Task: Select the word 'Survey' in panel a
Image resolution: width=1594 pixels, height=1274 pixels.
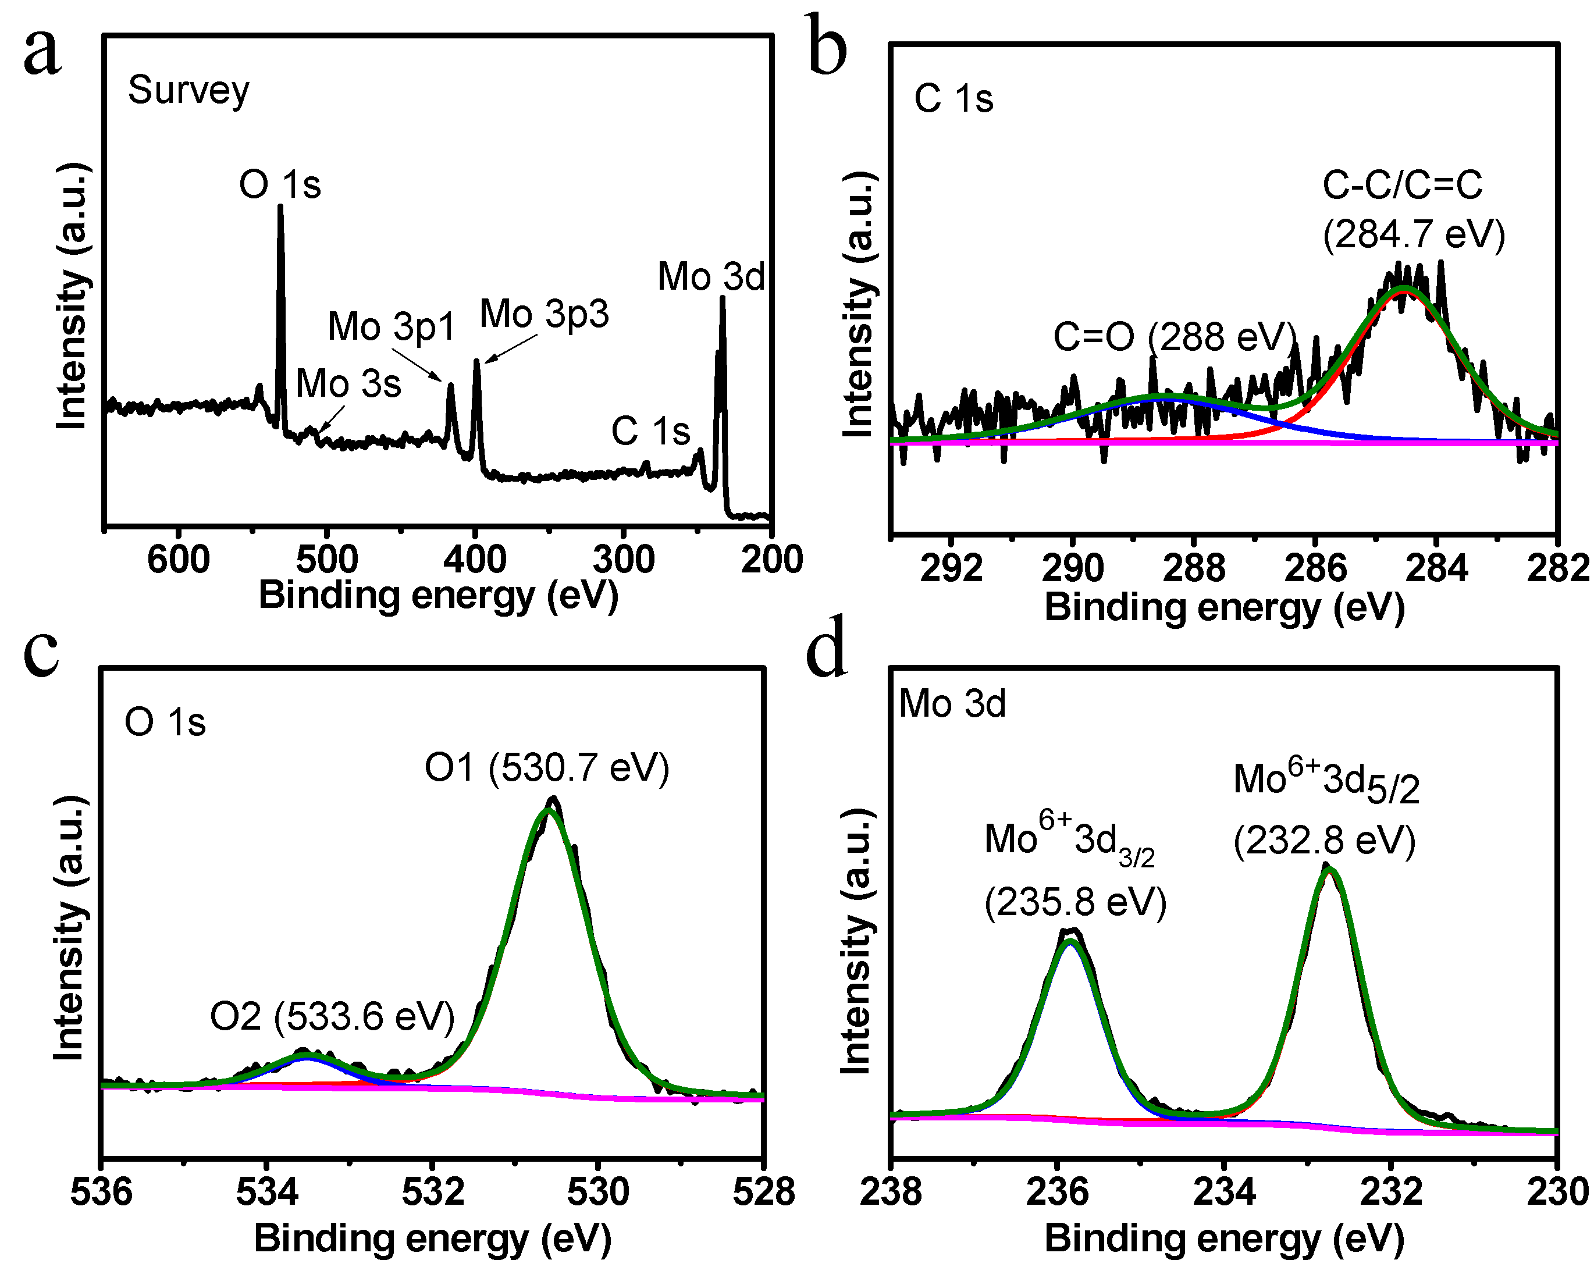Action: (188, 91)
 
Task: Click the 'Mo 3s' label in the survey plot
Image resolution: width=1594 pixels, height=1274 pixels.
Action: (348, 383)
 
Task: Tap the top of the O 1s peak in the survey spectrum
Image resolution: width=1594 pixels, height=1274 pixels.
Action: (280, 208)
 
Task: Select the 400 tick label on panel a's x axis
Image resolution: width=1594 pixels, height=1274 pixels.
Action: (475, 560)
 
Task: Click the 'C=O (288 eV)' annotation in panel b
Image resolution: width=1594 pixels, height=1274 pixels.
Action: (1174, 337)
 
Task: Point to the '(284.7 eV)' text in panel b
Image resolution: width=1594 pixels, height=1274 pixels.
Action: (1414, 235)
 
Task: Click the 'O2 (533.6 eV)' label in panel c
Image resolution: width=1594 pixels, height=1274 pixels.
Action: (332, 1017)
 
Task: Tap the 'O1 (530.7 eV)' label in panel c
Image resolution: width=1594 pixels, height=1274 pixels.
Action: (546, 767)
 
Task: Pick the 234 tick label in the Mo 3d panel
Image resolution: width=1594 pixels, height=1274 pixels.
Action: (1225, 1192)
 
